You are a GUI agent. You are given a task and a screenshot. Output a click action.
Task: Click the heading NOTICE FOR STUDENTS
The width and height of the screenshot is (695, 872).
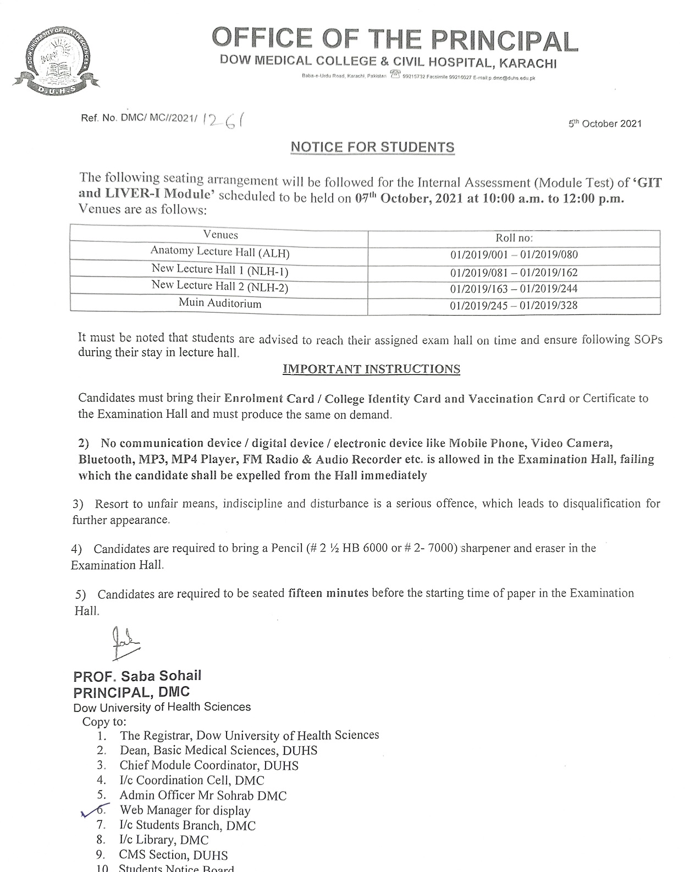coord(372,147)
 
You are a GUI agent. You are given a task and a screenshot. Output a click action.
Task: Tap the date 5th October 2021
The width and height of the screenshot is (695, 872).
coord(605,124)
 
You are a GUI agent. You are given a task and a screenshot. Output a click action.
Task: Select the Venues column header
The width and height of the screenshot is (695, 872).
coord(220,235)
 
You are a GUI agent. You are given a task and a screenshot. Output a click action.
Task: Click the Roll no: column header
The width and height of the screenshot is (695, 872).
coord(514,238)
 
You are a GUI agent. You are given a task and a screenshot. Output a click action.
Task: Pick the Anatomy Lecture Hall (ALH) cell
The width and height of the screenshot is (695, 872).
coord(220,252)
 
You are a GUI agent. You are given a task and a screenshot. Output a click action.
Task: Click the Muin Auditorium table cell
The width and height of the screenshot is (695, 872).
coord(220,303)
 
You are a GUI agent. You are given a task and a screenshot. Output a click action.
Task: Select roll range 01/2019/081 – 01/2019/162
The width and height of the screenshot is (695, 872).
coord(514,272)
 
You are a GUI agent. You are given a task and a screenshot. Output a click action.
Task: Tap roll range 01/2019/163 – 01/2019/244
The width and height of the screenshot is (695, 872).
coord(514,289)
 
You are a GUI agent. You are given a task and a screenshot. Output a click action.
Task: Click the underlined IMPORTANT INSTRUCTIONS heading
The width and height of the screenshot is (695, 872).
coord(371,369)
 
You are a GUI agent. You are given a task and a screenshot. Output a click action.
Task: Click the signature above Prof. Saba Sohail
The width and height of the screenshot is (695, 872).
coord(125,642)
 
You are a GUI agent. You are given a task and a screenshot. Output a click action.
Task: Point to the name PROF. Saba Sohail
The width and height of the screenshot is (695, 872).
coord(137,676)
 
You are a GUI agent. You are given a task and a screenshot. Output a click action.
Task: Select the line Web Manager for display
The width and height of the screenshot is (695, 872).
coord(185,810)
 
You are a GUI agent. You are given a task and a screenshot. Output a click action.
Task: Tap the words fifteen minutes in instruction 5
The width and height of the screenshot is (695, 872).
coord(328,593)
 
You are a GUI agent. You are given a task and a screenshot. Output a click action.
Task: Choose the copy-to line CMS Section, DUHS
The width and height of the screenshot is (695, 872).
coord(173,855)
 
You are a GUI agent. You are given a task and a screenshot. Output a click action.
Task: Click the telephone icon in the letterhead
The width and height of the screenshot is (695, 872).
coord(394,75)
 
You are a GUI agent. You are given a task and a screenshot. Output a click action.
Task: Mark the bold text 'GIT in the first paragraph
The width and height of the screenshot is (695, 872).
coord(649,182)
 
